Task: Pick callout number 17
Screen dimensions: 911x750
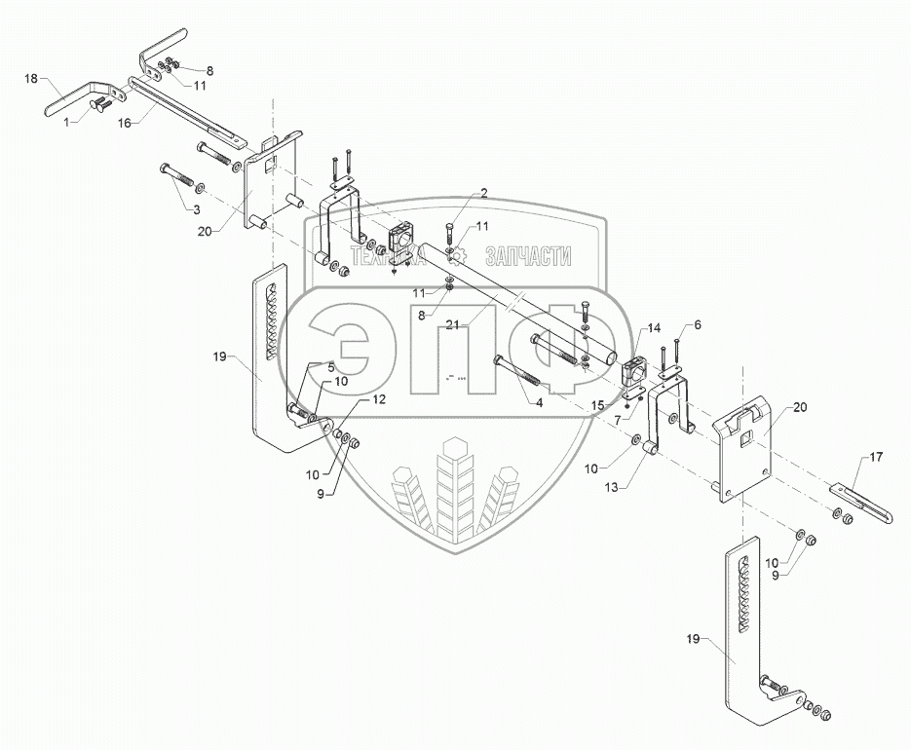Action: [x=875, y=456]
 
